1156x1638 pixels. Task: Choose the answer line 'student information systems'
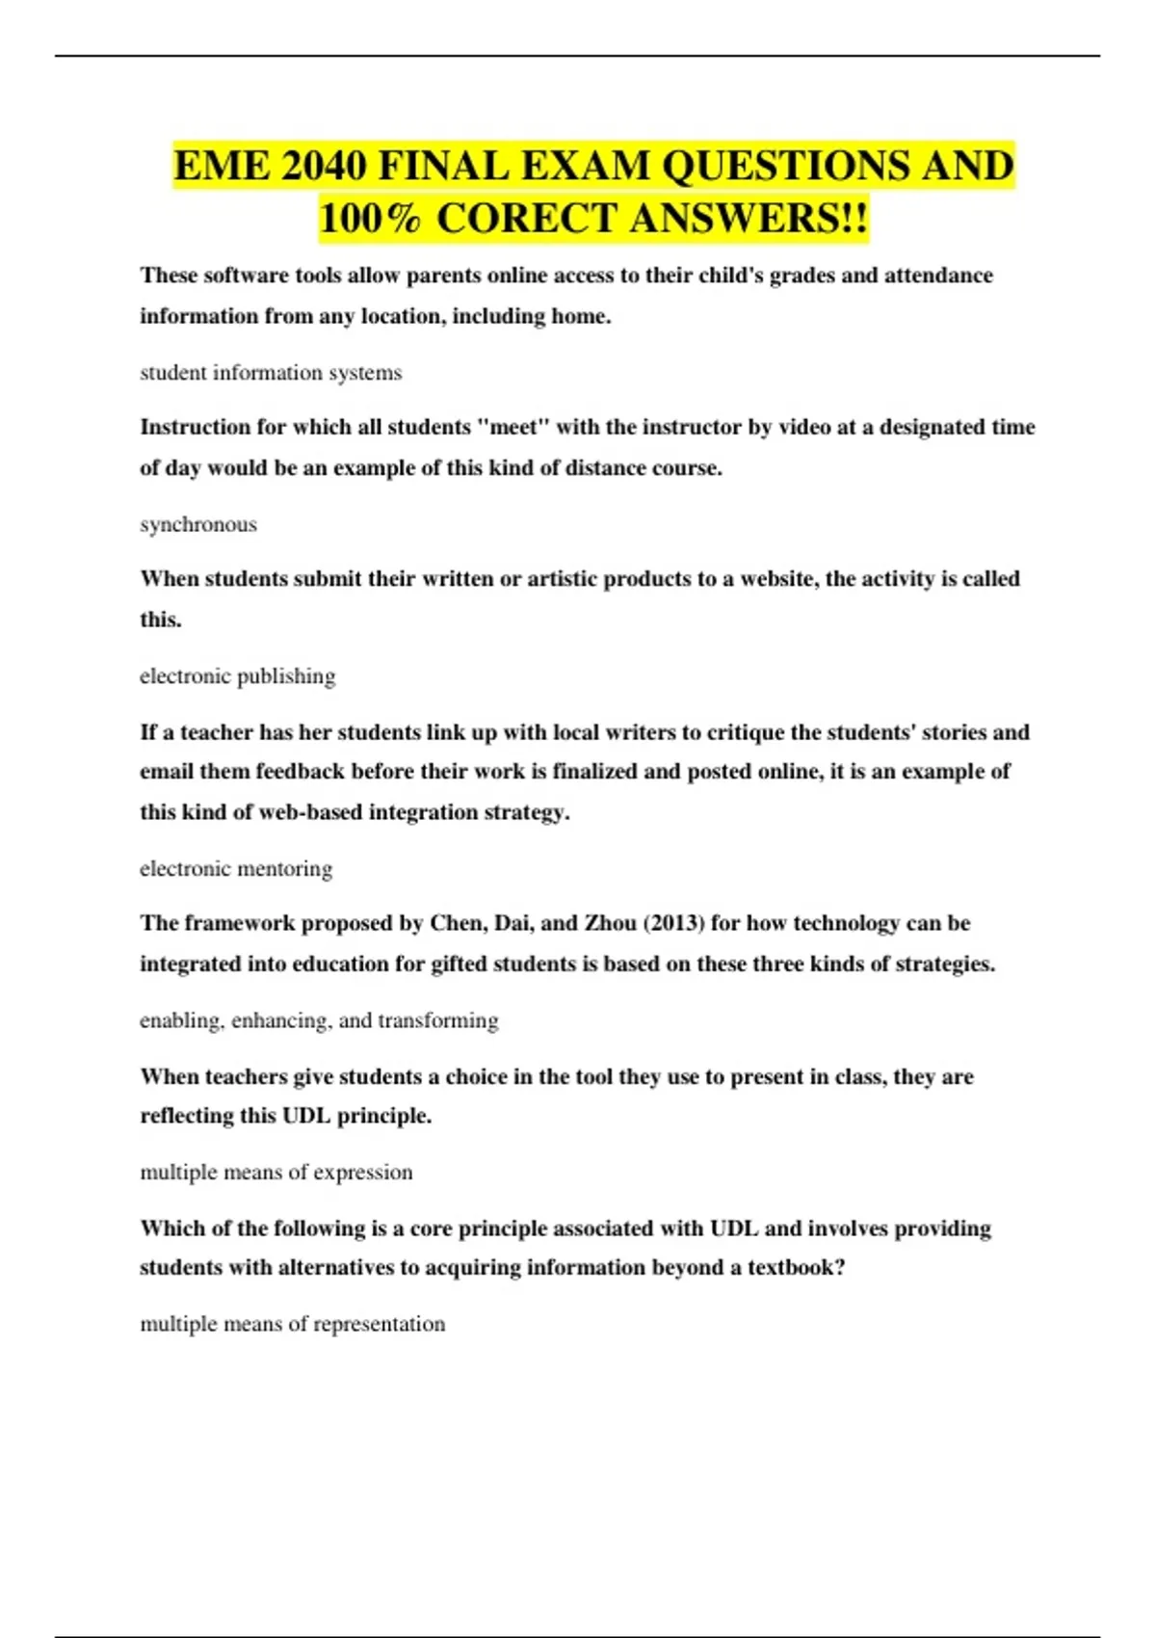click(271, 373)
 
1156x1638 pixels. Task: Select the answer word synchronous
click(198, 524)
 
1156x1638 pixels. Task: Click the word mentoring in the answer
click(285, 869)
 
